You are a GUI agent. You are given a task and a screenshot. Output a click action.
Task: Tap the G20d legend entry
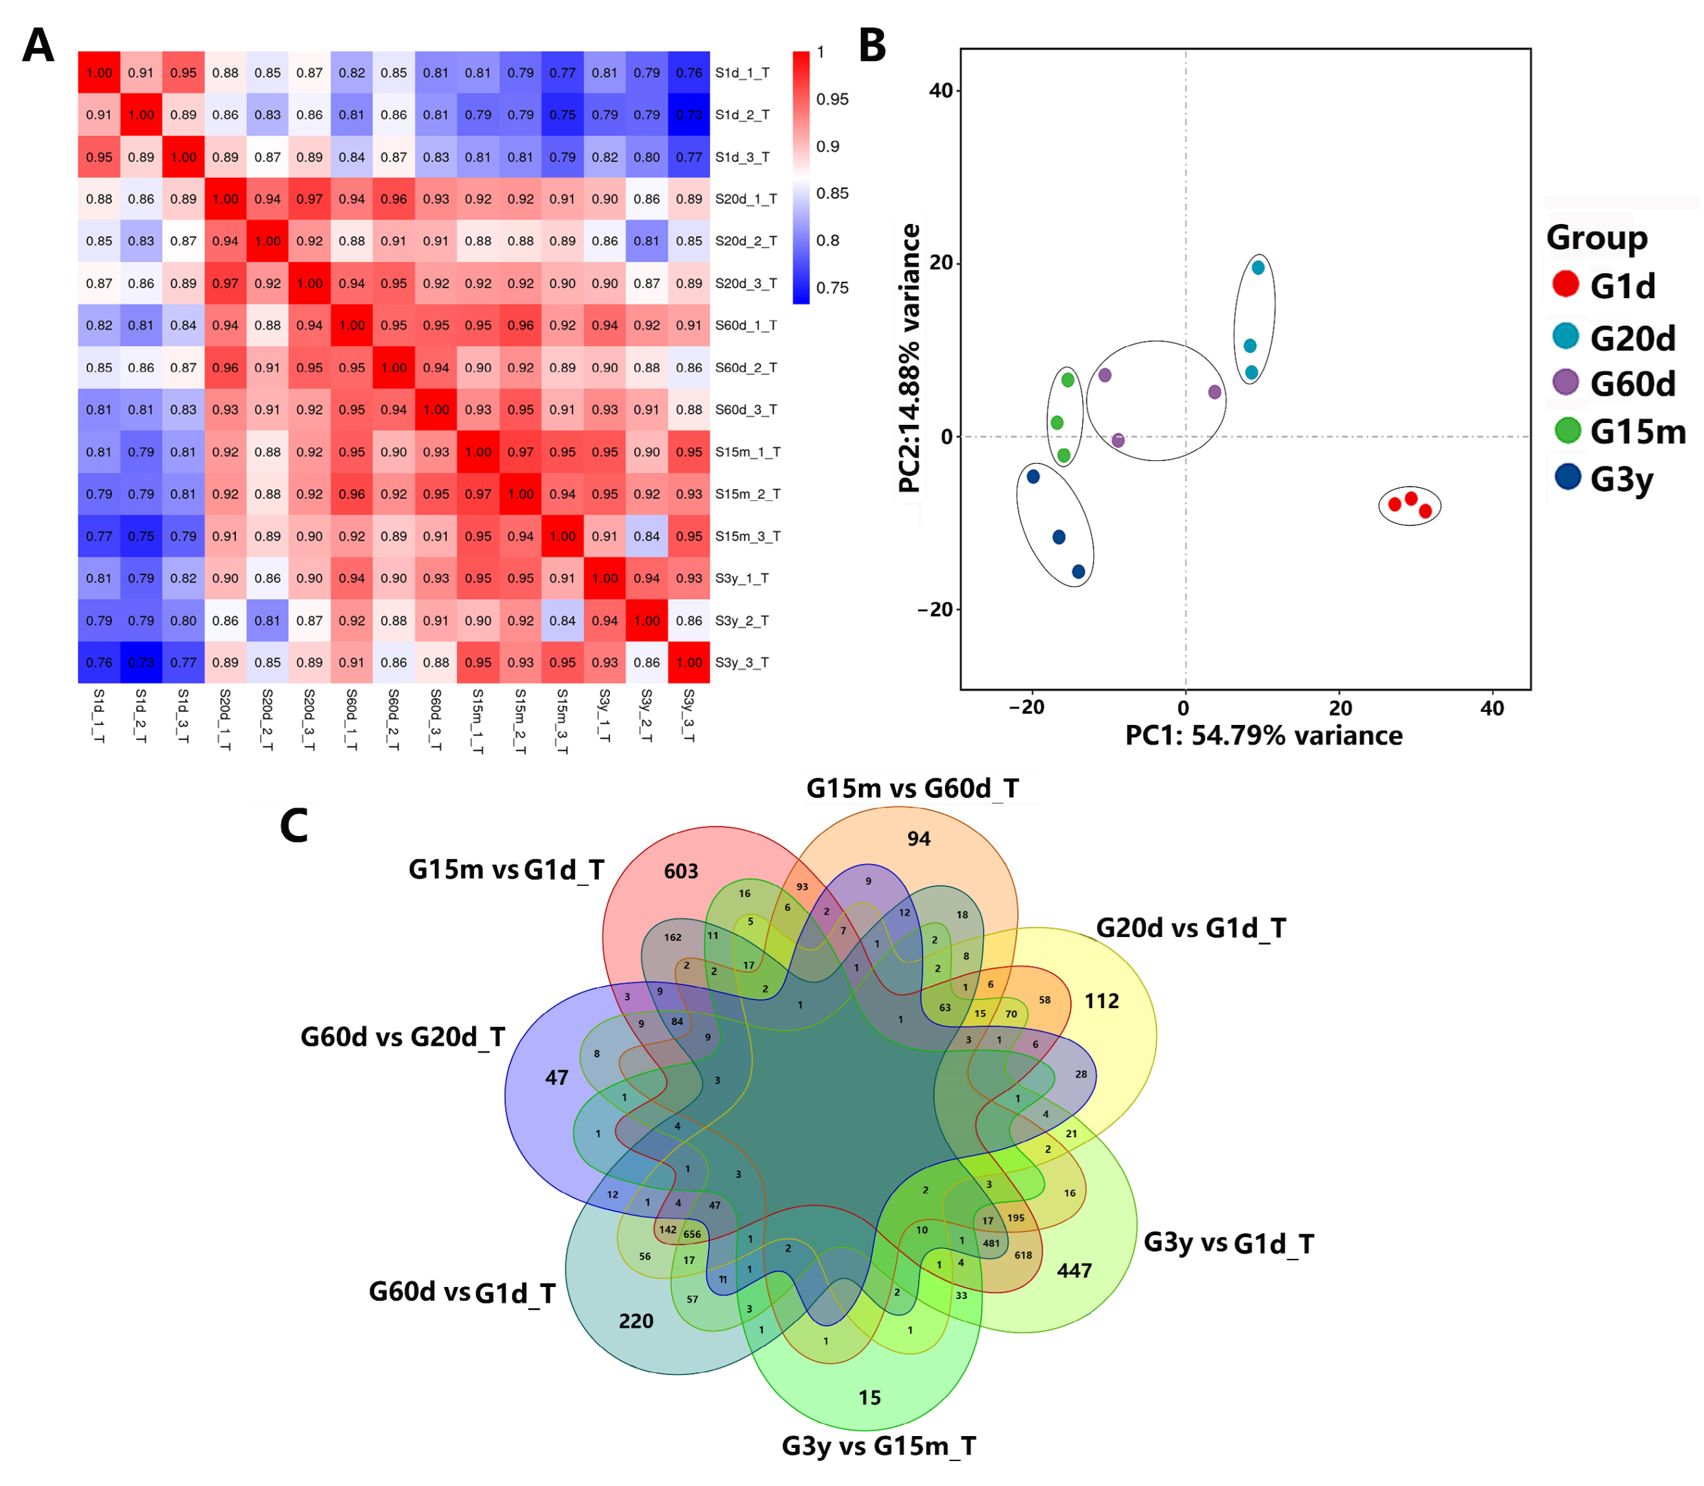1631,338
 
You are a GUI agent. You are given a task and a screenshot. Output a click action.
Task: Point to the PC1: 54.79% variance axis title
1263,735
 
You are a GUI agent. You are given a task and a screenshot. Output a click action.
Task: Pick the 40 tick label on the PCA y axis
941,91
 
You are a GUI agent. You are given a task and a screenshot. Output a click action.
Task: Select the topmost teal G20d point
1258,268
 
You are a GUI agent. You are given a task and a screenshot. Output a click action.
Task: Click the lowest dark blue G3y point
1078,571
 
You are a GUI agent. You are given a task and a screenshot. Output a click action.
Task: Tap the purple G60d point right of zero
1215,392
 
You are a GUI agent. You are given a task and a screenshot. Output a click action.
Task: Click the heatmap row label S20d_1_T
745,199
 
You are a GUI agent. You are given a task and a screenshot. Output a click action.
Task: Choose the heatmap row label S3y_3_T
741,663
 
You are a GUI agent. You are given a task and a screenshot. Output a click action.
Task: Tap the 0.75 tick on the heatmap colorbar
832,288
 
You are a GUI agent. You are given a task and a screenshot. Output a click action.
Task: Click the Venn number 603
681,871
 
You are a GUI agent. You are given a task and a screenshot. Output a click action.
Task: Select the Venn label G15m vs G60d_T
912,788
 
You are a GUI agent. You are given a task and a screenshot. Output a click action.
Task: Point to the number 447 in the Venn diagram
1074,1271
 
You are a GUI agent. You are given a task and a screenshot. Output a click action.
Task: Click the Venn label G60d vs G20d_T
402,1038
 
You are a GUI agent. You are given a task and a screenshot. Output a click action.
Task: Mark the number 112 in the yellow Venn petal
1101,1001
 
